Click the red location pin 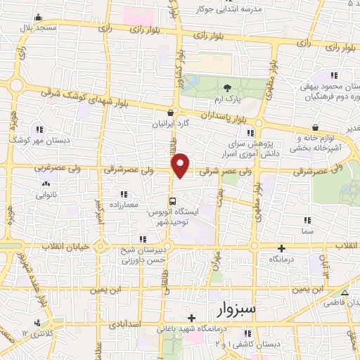pyautogui.click(x=181, y=165)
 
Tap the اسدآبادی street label pyautogui.click(x=147, y=325)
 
